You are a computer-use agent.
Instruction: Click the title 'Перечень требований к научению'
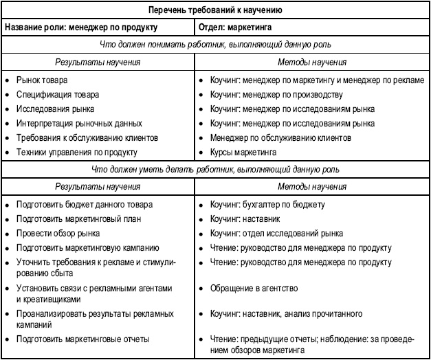pos(215,10)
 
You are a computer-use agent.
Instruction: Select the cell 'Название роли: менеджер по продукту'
pos(80,27)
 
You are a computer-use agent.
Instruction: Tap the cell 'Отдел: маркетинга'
pos(234,27)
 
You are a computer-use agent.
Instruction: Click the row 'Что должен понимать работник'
pos(215,45)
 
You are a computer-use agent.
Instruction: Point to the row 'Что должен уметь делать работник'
pos(215,169)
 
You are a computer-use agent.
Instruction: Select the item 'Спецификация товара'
pos(58,94)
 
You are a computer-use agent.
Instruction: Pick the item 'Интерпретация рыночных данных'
pos(79,123)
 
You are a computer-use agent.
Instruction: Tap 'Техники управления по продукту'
pos(76,152)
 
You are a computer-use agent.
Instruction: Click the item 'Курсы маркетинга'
pos(243,152)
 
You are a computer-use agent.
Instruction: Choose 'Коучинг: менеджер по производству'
pos(276,94)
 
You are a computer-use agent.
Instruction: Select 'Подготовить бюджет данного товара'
pos(85,204)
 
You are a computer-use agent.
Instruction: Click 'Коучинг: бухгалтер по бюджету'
pos(267,204)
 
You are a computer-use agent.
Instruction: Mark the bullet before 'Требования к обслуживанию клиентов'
pos(7,137)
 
